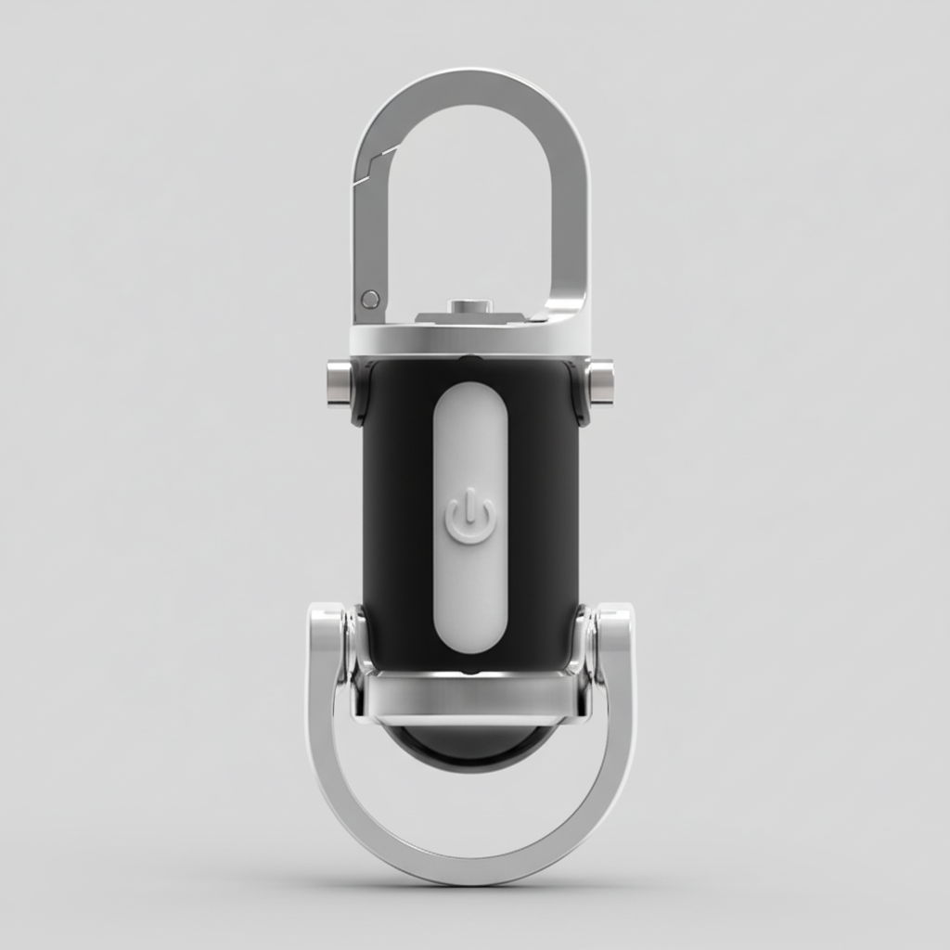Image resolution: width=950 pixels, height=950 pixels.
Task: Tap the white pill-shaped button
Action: point(470,436)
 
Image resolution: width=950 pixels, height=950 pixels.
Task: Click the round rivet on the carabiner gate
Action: point(370,299)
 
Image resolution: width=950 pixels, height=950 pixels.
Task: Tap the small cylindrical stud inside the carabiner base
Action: point(469,306)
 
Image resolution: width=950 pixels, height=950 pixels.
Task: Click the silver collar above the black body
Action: point(470,340)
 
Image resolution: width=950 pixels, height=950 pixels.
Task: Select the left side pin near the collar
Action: point(340,382)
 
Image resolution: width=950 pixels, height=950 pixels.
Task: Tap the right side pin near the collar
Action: point(601,382)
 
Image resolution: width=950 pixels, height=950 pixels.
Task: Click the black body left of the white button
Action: point(397,510)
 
